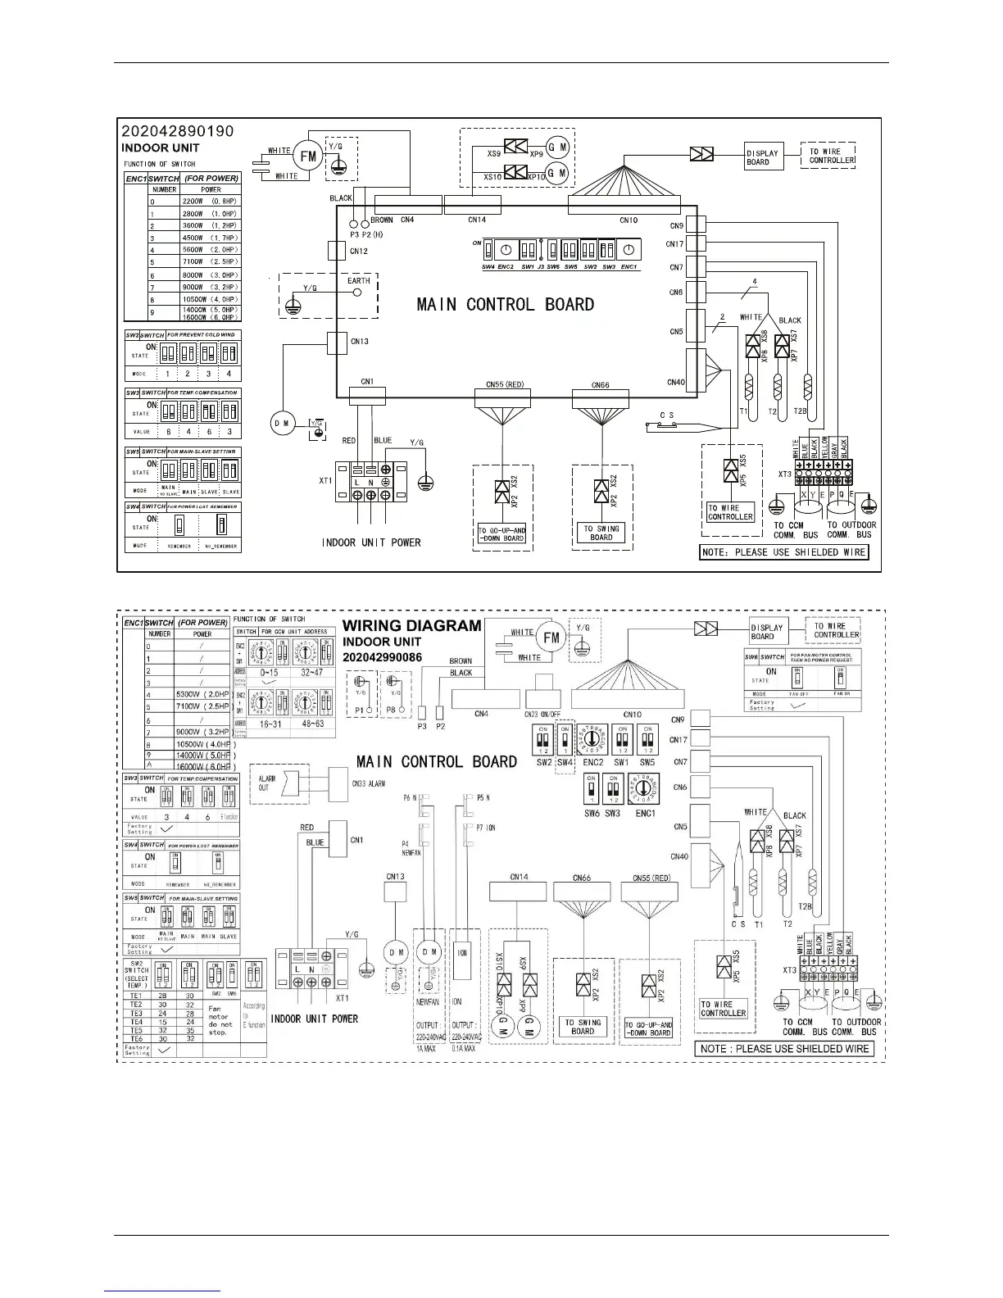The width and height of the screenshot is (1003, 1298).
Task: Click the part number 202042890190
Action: coord(178,131)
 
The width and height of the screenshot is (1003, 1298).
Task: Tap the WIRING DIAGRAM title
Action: coord(411,626)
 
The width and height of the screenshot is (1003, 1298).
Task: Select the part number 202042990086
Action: coord(383,657)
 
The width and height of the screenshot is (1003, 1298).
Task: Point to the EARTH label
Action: coord(359,280)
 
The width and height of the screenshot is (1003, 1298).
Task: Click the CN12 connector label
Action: coord(359,252)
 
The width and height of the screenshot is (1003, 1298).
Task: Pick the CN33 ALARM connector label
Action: coord(369,783)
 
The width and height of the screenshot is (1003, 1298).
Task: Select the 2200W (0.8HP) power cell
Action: coord(210,201)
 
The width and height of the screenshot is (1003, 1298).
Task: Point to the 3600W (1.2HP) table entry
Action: coord(210,225)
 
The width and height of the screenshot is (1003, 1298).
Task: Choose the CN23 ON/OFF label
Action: coord(542,714)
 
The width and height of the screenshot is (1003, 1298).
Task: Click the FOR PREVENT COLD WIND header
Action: coord(201,334)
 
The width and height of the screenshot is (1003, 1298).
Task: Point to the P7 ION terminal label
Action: coord(485,828)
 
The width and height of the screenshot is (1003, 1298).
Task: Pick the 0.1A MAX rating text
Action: coord(466,1048)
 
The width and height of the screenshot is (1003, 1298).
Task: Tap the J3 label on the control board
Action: coord(541,267)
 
